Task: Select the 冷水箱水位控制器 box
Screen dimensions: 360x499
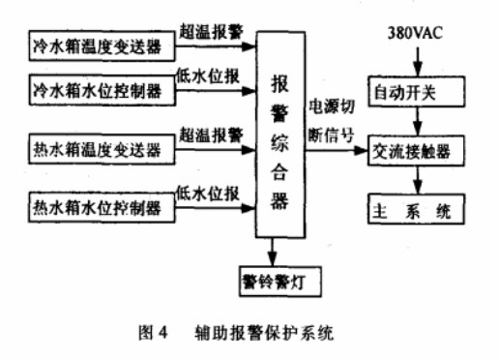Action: click(97, 94)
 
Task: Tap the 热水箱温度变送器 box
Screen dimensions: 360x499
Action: click(97, 151)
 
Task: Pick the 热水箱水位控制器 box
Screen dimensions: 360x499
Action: click(97, 205)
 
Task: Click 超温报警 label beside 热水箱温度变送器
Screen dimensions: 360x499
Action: click(210, 135)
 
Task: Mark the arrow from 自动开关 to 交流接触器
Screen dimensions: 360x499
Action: click(417, 123)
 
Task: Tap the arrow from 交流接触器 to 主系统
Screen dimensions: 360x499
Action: click(417, 180)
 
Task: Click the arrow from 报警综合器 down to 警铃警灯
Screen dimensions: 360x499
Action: click(275, 253)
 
